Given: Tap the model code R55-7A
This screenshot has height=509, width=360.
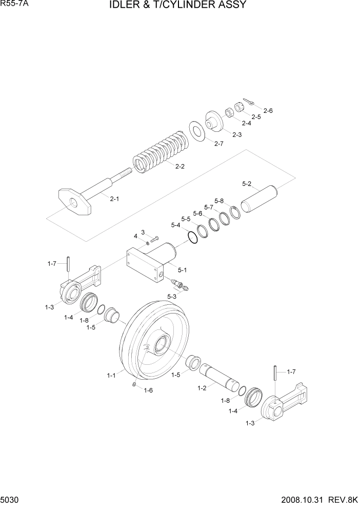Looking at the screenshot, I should point(13,5).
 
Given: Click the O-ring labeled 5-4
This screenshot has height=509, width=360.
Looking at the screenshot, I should point(193,238).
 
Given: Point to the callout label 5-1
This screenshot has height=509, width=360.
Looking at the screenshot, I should point(183,270).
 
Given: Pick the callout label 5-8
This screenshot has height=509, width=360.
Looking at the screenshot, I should point(219,201).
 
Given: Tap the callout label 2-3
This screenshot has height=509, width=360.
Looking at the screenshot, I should point(237,134).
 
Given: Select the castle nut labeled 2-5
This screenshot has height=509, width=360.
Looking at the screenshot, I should point(238,109).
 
